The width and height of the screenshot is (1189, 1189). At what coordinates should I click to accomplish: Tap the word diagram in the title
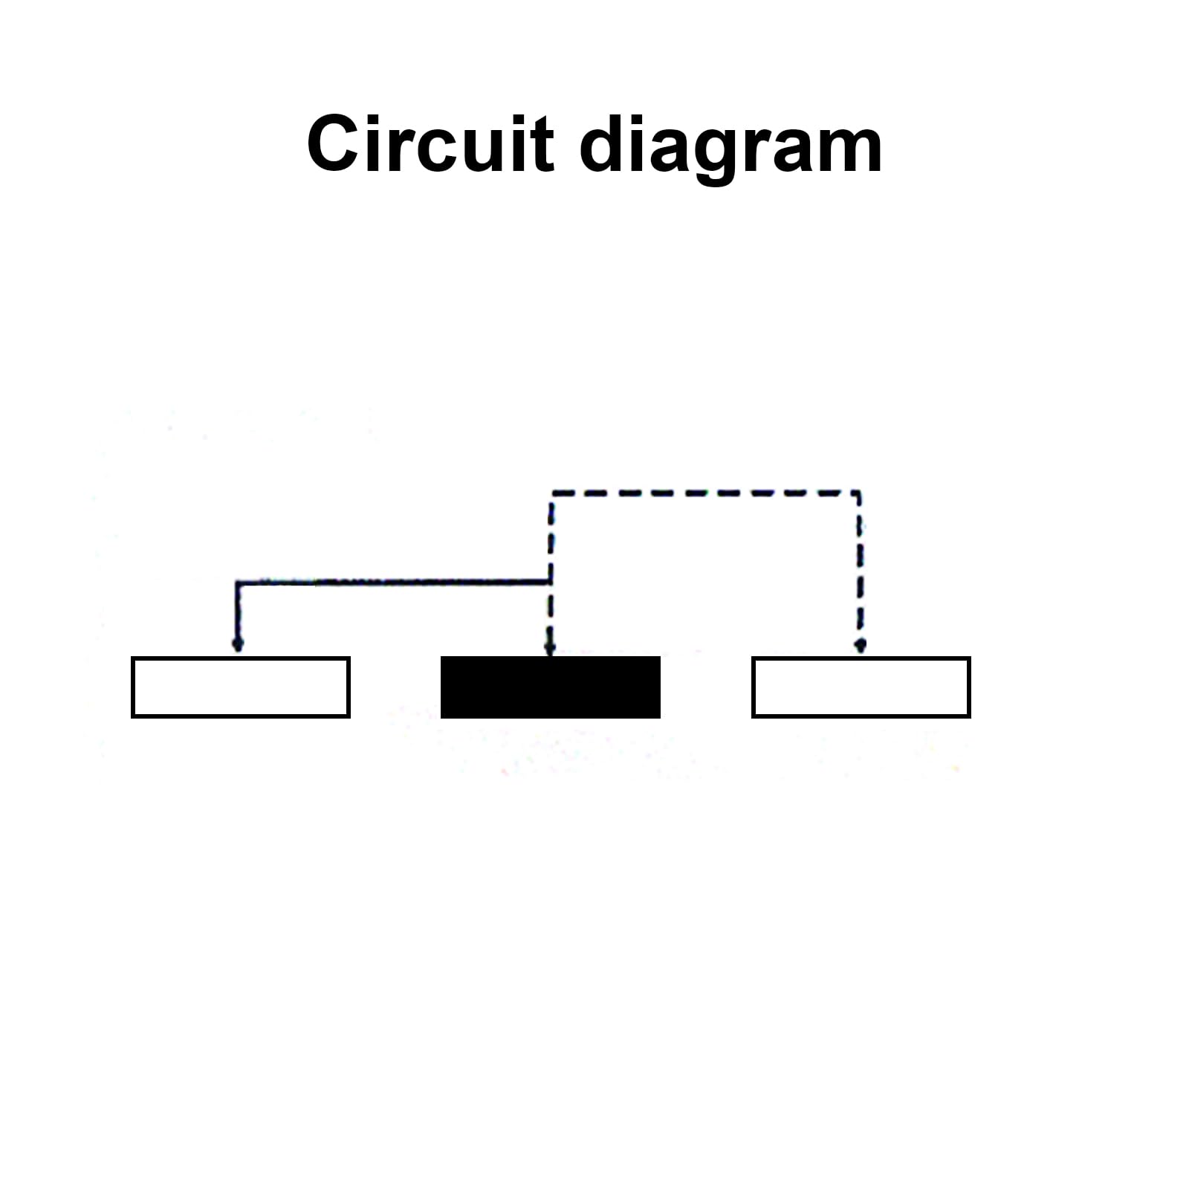[x=730, y=149]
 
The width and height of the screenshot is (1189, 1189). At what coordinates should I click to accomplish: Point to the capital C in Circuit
[x=334, y=143]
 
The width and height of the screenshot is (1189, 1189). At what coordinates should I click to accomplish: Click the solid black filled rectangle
[x=551, y=687]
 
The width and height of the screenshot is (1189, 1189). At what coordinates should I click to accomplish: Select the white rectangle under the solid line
[x=241, y=687]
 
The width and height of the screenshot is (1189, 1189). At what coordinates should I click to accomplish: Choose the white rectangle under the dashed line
[x=861, y=687]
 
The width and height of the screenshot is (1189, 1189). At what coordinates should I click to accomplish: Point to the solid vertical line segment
[x=237, y=612]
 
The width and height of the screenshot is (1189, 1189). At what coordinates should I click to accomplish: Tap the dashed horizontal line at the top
[x=705, y=493]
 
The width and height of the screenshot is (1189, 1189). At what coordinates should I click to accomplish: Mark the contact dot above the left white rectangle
[x=238, y=644]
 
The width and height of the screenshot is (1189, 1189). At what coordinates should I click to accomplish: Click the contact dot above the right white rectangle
[x=860, y=644]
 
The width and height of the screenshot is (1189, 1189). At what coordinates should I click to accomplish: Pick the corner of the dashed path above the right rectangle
[x=860, y=493]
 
